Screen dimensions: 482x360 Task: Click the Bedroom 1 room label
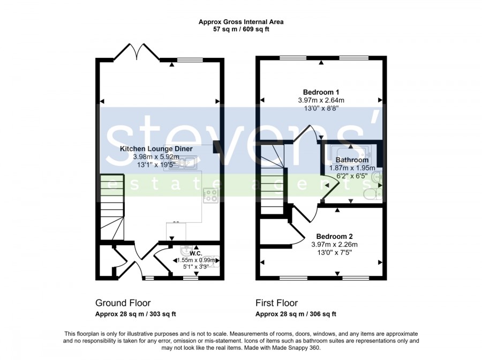(321, 92)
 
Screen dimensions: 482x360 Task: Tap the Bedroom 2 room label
(334, 236)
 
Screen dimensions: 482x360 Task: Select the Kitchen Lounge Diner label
(156, 149)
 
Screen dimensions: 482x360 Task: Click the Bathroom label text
(352, 160)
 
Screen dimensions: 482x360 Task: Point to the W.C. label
(196, 253)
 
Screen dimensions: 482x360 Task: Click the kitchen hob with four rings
(211, 195)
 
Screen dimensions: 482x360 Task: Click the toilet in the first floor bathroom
(373, 194)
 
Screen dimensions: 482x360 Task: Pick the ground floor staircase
(112, 207)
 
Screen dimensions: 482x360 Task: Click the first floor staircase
(272, 179)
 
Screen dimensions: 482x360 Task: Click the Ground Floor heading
(123, 303)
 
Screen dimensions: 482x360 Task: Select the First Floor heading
(277, 303)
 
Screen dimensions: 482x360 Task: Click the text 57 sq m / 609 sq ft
(242, 29)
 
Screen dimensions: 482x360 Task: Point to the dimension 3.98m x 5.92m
(156, 157)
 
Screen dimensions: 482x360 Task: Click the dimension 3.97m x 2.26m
(334, 245)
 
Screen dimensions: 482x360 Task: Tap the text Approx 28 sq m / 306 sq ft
(296, 314)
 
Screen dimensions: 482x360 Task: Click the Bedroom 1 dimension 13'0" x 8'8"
(321, 108)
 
